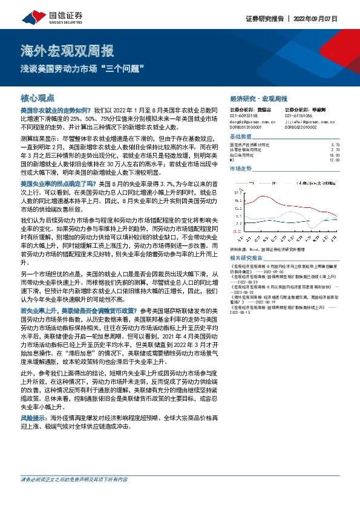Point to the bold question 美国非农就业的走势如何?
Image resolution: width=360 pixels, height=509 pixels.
[56, 111]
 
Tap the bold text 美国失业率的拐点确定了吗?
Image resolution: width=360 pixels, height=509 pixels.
[59, 183]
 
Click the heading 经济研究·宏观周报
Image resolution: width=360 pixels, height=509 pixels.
[258, 98]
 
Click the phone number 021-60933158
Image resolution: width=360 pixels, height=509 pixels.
[244, 115]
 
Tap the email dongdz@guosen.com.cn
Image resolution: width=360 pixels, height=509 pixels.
[252, 120]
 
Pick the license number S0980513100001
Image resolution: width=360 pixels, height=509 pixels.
[249, 126]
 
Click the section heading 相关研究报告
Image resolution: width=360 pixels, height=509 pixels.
[247, 256]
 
